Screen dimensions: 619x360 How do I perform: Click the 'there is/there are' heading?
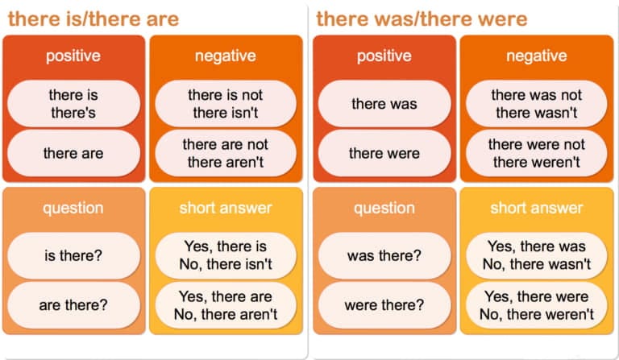[93, 19]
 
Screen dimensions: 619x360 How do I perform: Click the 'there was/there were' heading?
[422, 19]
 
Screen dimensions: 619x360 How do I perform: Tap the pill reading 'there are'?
[73, 153]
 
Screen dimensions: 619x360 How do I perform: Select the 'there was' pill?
[384, 104]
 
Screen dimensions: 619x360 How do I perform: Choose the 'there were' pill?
[384, 153]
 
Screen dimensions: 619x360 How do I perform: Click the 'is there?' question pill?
[73, 255]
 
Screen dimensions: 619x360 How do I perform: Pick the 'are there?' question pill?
[73, 304]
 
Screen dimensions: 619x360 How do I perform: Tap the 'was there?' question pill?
[384, 255]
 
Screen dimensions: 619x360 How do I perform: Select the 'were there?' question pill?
[384, 304]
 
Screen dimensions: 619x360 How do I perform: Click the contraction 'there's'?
[73, 113]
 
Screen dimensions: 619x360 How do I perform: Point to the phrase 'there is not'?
[226, 95]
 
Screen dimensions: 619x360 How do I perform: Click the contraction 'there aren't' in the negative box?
[226, 162]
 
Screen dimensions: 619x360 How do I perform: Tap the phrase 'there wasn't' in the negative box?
[537, 113]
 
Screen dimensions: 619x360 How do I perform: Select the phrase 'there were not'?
[537, 144]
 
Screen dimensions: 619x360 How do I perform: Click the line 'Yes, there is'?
[226, 246]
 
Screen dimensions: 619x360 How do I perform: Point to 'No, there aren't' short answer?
[226, 314]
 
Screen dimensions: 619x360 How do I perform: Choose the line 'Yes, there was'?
[537, 246]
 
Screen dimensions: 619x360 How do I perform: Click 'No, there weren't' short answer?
[537, 314]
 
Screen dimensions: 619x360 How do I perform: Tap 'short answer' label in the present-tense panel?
[226, 208]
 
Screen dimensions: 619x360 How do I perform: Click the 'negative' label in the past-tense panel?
[537, 56]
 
